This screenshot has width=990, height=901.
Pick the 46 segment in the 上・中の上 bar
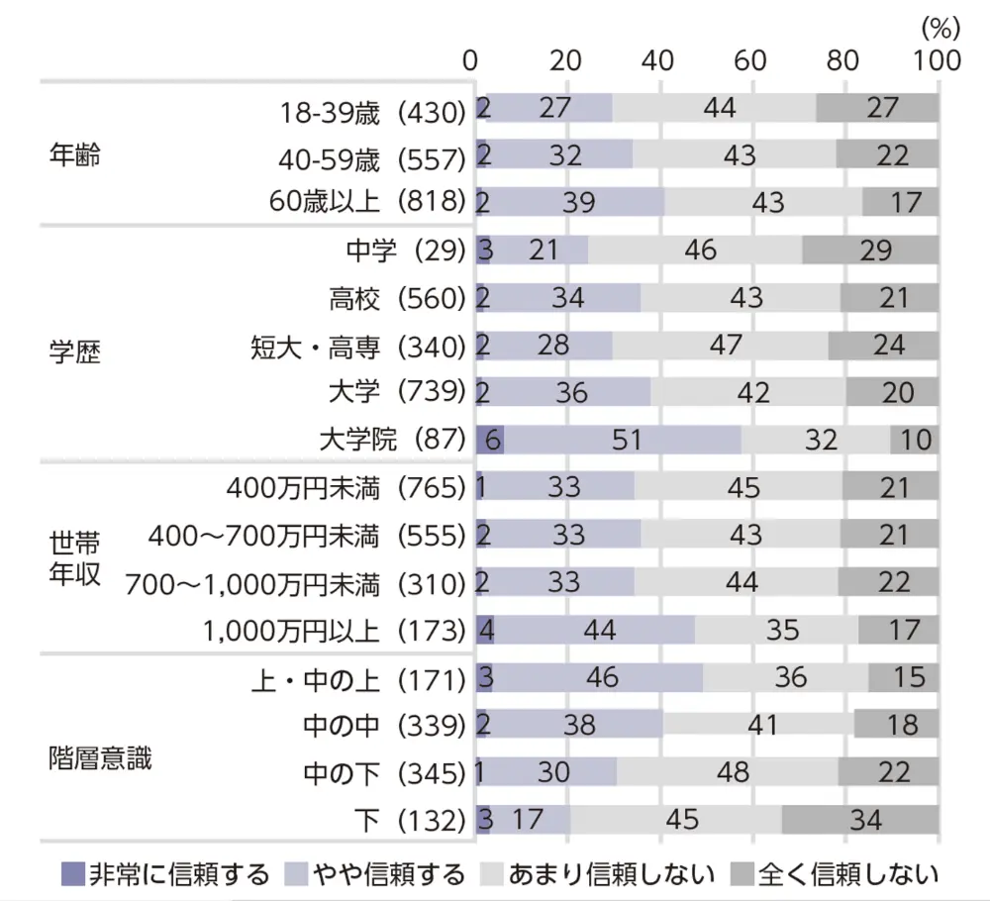598,677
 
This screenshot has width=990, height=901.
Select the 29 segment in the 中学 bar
870,250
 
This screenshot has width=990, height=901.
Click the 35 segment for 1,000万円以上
776,630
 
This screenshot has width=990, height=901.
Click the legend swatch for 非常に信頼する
73,874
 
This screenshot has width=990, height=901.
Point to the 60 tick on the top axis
751,60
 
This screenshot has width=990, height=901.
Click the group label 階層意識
100,757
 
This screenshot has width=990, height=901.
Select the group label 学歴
74,351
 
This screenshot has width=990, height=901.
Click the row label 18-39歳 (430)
367,109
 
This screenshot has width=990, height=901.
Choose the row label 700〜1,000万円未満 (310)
295,583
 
